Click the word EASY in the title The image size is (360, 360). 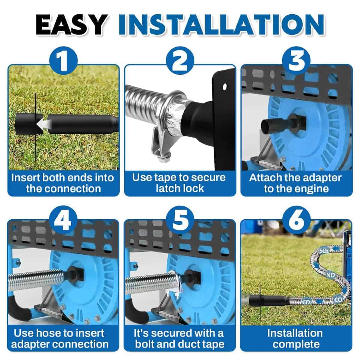tap(72, 25)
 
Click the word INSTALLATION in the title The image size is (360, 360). tap(222, 25)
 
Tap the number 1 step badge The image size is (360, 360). tap(63, 61)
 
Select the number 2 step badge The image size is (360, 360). tap(180, 61)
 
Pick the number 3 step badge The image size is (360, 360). tap(296, 61)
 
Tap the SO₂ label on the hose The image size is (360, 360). tap(324, 251)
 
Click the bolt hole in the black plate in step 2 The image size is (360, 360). tap(225, 86)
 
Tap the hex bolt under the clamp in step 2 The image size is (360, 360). tap(162, 159)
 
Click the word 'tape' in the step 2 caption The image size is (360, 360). tap(166, 178)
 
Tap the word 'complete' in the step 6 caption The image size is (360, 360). tap(296, 345)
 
